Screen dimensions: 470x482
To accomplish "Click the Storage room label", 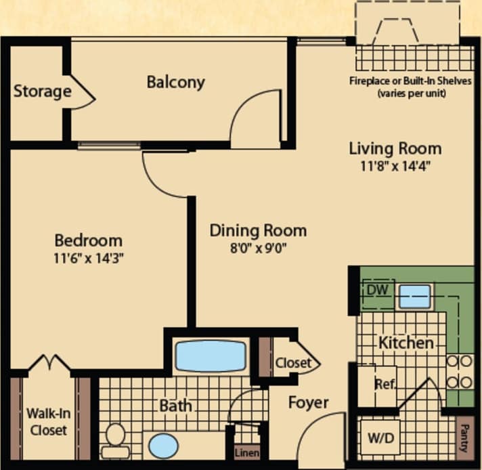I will pyautogui.click(x=42, y=91).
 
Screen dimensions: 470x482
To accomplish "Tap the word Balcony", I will pyautogui.click(x=175, y=83).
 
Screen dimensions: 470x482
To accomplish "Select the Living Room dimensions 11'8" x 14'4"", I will pyautogui.click(x=395, y=165).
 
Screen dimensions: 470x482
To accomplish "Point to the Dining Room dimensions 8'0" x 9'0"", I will pyautogui.click(x=257, y=247).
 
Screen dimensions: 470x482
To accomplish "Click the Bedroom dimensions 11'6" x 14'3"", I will pyautogui.click(x=89, y=257).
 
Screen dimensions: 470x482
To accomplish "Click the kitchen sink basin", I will pyautogui.click(x=414, y=296).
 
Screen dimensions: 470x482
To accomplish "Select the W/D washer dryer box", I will pyautogui.click(x=379, y=438).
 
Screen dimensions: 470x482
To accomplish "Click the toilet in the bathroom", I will pyautogui.click(x=114, y=440).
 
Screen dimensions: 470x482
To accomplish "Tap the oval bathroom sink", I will pyautogui.click(x=165, y=446).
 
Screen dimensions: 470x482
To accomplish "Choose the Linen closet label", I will pyautogui.click(x=246, y=452).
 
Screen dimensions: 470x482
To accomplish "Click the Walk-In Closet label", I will pyautogui.click(x=47, y=421).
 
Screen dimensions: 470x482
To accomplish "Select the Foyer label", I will pyautogui.click(x=309, y=403).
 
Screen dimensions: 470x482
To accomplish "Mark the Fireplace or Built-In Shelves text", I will pyautogui.click(x=411, y=86).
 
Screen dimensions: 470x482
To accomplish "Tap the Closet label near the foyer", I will pyautogui.click(x=293, y=363).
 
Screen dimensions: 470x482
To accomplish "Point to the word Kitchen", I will pyautogui.click(x=406, y=343).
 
